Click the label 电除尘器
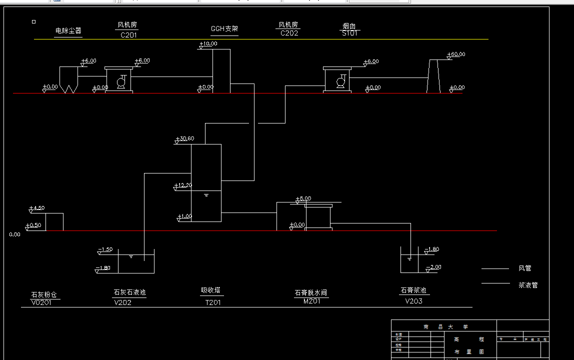(x=68, y=30)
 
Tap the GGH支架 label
(x=224, y=29)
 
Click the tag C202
(x=289, y=33)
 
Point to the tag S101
(x=349, y=33)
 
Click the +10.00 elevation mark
(x=208, y=44)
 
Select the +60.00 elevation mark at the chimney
(x=456, y=54)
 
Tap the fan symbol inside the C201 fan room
(x=121, y=81)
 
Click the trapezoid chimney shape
(x=433, y=76)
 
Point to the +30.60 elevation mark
(x=185, y=139)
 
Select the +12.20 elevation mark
(x=183, y=185)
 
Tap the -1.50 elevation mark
(x=105, y=249)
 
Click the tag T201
(x=213, y=302)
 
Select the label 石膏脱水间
(x=311, y=293)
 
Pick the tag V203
(x=414, y=301)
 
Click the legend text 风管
(x=525, y=268)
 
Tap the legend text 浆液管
(x=528, y=285)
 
